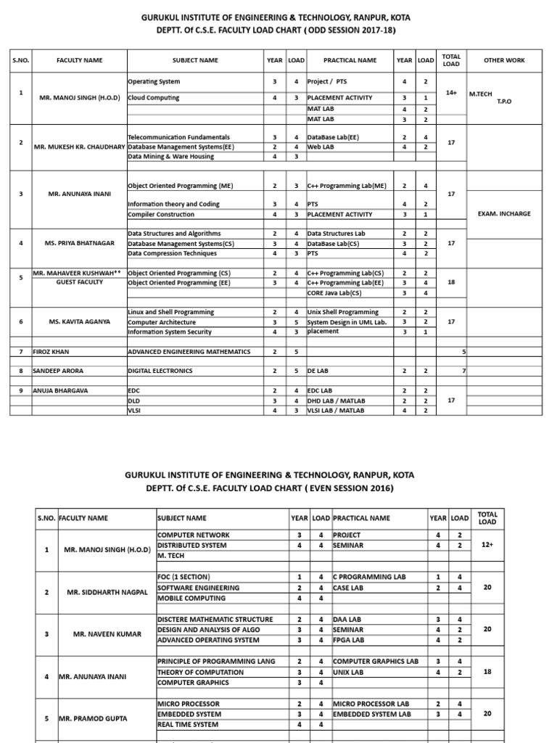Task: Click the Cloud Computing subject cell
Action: coord(153,97)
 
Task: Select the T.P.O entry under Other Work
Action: coord(503,102)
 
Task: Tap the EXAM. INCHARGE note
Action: coord(504,214)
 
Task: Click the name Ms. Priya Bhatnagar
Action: coord(80,243)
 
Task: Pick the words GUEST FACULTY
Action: coord(79,282)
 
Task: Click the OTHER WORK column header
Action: coord(504,61)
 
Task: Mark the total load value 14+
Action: coord(451,93)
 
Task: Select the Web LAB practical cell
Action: coord(321,147)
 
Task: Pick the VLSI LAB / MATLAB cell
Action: coord(336,410)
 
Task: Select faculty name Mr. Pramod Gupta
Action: coord(95,718)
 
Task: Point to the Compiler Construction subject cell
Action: coord(160,214)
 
